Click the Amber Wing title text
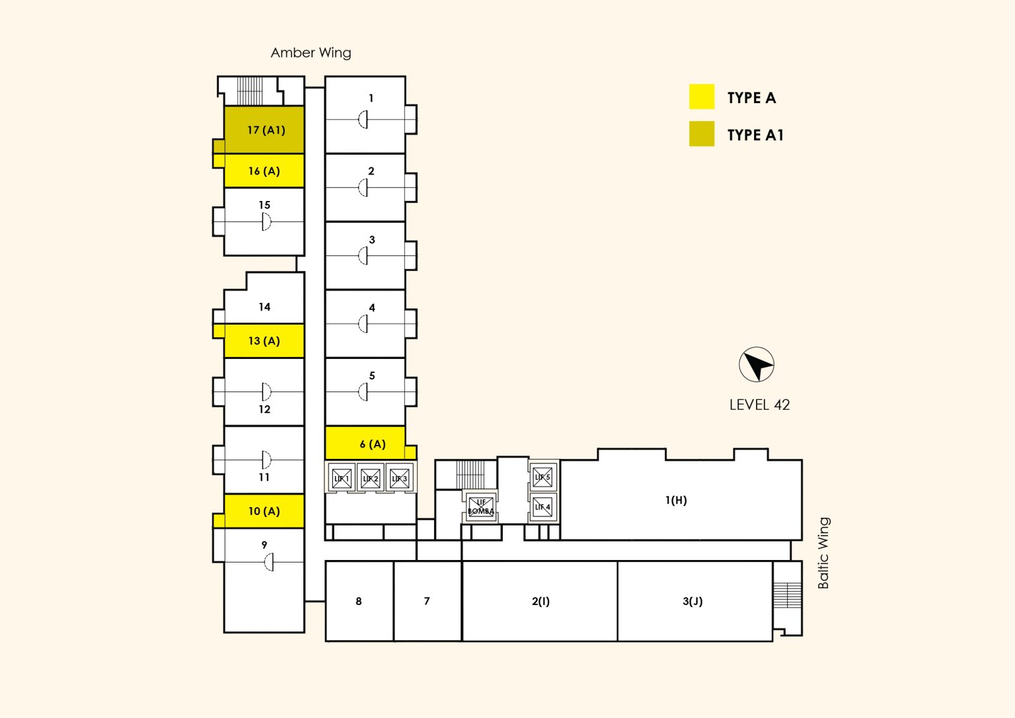point(311,53)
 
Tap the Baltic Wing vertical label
point(823,553)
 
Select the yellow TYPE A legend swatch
point(701,97)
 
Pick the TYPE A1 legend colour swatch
point(701,134)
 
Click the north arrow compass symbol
point(756,364)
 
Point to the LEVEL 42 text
point(759,405)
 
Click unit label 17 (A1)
point(266,130)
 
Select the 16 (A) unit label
point(264,171)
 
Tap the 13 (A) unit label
point(264,341)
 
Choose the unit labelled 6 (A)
point(373,444)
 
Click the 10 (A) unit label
point(264,511)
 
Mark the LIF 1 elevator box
point(342,478)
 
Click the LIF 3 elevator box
point(399,478)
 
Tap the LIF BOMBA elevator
point(480,507)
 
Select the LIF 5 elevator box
point(543,477)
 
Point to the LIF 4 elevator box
point(543,507)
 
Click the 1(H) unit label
point(676,500)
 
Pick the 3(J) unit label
point(693,601)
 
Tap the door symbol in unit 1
point(363,120)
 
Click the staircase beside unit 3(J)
point(787,596)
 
